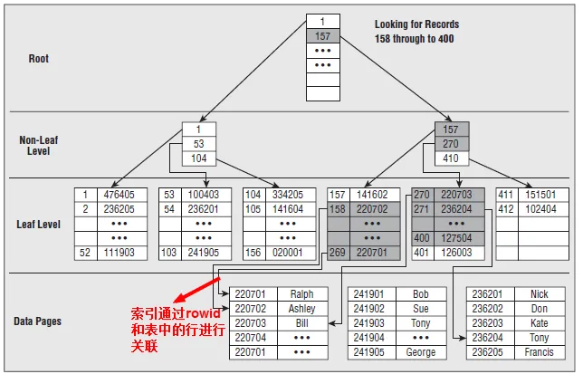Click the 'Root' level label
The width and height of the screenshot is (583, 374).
point(39,59)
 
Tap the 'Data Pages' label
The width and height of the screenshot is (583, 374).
point(39,321)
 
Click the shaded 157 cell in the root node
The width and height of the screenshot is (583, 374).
point(323,36)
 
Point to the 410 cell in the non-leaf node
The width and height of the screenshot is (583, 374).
point(452,158)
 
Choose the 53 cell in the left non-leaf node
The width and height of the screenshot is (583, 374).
point(199,144)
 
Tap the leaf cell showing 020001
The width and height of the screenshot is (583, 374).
point(288,254)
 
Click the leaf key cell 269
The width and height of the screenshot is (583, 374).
point(337,254)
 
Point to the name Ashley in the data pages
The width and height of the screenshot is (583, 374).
point(301,309)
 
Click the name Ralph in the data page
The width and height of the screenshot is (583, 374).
point(301,294)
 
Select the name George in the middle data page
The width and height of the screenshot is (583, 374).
point(420,352)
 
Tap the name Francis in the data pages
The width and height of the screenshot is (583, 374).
point(539,352)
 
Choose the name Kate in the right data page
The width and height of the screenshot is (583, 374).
point(539,323)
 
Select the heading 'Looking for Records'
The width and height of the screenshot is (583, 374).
point(416,24)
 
